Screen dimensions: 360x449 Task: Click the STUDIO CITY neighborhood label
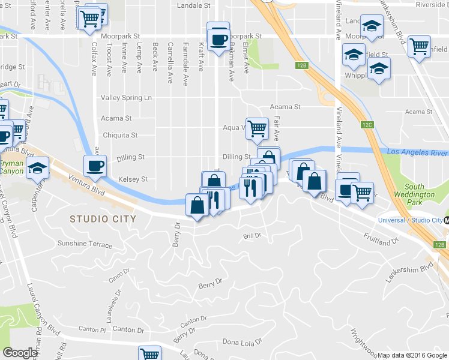tap(103, 219)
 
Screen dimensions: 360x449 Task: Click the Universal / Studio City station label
tap(410, 220)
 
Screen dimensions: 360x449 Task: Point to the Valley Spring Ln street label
tap(127, 98)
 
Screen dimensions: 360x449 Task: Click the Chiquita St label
tap(120, 136)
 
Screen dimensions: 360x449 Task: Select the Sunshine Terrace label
tap(85, 244)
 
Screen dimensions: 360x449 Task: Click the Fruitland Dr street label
tap(381, 240)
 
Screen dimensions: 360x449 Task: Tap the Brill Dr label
tap(252, 236)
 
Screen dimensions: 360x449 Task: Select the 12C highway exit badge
tap(367, 125)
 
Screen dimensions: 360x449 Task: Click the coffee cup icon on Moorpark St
tap(218, 38)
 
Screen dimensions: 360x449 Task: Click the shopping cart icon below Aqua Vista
tap(257, 127)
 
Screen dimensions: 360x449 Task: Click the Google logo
tap(20, 353)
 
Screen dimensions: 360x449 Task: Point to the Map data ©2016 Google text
tap(412, 355)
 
